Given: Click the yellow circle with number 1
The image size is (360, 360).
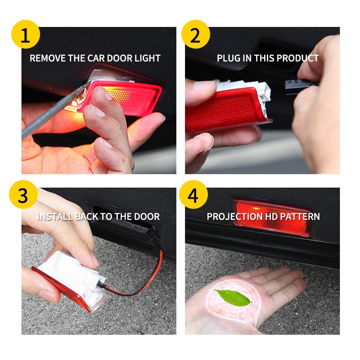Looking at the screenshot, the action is tap(26, 34).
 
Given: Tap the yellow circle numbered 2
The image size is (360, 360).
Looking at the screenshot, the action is tap(196, 34).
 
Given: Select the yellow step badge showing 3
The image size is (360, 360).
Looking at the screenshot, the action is tap(23, 194).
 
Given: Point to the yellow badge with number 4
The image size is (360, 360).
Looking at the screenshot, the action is tap(193, 194).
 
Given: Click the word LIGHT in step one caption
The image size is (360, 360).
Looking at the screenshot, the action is tap(148, 58).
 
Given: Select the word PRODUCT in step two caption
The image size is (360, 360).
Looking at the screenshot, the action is tap(298, 58).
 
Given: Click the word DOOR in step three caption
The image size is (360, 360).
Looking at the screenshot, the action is tap(147, 217).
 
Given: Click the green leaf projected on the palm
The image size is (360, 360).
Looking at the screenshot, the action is tap(233, 298).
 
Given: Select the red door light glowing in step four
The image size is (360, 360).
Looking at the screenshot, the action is tap(272, 218).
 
